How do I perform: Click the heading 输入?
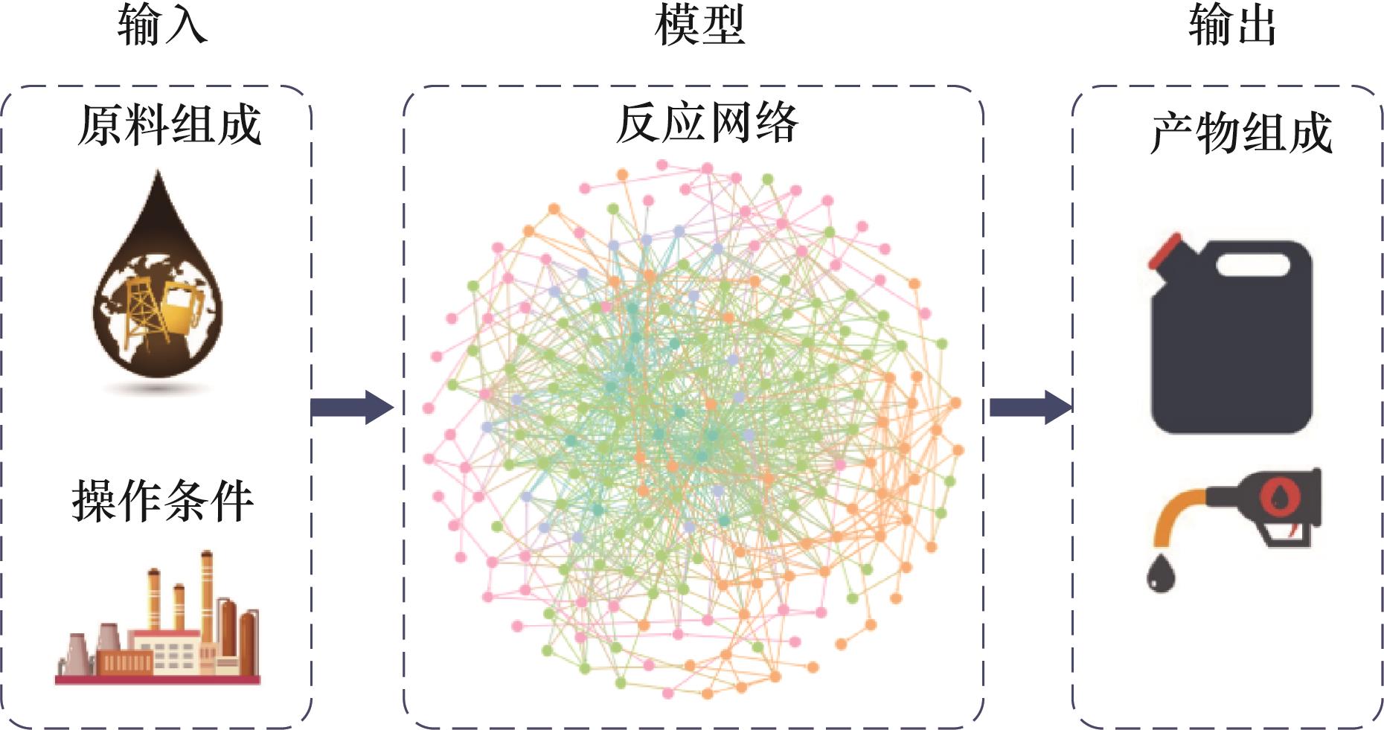point(161,25)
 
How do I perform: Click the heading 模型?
point(699,25)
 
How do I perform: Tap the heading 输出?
point(1232,25)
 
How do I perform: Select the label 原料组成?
point(170,124)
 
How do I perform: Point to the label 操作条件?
point(162,500)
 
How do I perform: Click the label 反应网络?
point(706,123)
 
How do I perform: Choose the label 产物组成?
point(1240,133)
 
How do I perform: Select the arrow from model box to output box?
point(1030,407)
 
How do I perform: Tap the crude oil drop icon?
point(158,290)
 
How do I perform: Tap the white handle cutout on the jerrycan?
point(1252,265)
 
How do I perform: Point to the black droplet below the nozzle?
point(1160,573)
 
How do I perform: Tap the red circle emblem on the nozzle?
point(1279,493)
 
